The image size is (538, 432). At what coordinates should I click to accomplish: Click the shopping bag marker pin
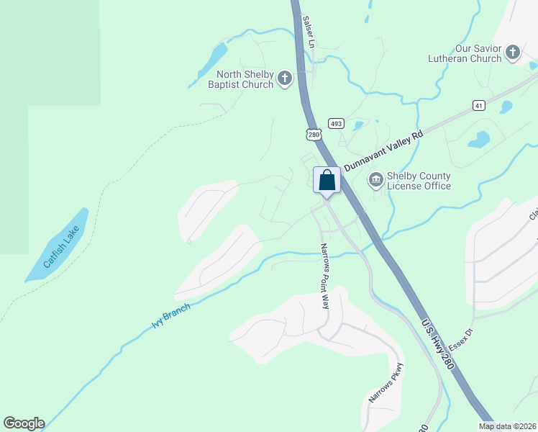tap(327, 180)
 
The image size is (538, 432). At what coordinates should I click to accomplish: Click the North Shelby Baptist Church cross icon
tap(285, 78)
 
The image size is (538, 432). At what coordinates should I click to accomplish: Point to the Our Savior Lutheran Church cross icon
tap(512, 52)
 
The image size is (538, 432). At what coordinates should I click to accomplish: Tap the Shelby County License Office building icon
tap(375, 179)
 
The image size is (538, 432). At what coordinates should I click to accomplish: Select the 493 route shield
tap(335, 123)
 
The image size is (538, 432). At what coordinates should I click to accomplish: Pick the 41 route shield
tap(479, 106)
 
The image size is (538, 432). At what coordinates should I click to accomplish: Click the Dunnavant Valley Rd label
tap(383, 150)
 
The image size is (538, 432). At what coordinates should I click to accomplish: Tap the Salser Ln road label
tap(310, 32)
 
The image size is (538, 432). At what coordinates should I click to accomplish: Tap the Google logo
tap(24, 423)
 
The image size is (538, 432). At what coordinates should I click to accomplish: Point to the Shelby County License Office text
tap(419, 181)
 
